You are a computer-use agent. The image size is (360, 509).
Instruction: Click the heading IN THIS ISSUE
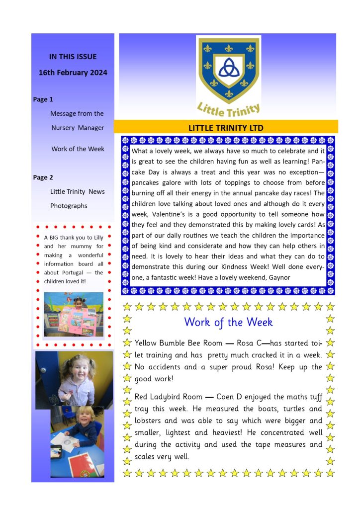click(x=73, y=57)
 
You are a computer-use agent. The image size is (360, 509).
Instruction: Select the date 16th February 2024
click(x=73, y=73)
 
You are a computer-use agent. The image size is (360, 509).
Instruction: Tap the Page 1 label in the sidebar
click(x=43, y=99)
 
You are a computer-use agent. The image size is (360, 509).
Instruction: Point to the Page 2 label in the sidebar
click(x=43, y=177)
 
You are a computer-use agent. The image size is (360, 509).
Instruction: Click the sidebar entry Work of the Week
click(x=78, y=149)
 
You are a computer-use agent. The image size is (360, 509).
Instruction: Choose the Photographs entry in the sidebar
click(x=69, y=206)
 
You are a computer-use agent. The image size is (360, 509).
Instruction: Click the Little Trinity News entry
click(x=77, y=191)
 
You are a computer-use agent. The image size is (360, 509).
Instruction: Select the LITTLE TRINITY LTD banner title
click(x=226, y=128)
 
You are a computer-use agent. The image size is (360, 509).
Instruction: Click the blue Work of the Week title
click(x=228, y=322)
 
